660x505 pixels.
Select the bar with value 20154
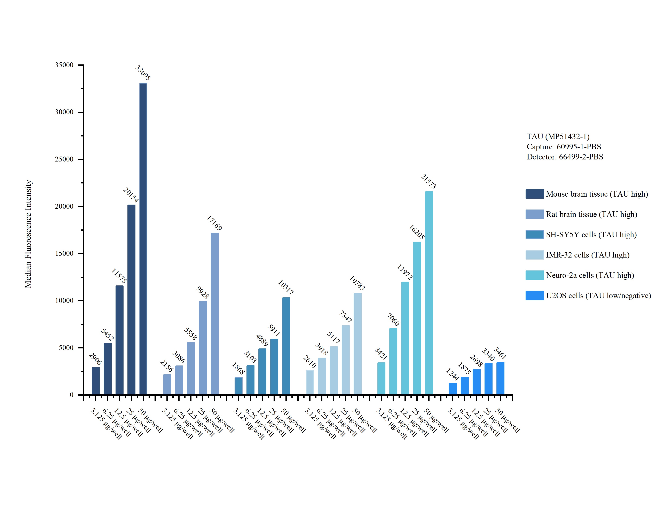[x=131, y=299]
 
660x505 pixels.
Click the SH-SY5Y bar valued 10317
[x=286, y=346]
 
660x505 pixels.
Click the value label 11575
[x=119, y=276]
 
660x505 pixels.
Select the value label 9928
[x=203, y=292]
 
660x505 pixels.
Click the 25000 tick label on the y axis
[x=64, y=159]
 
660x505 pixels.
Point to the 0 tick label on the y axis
[x=72, y=395]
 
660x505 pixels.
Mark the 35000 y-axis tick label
[x=64, y=65]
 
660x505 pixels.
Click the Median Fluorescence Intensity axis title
[x=28, y=234]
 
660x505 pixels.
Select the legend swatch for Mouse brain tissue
[x=535, y=194]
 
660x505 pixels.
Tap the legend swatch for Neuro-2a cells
[x=535, y=275]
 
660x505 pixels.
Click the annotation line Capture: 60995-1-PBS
[x=564, y=147]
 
